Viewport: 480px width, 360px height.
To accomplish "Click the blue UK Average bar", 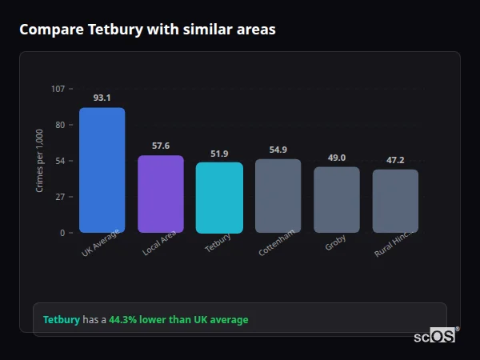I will pyautogui.click(x=102, y=170).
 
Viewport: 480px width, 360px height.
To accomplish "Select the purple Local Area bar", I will pyautogui.click(x=161, y=194).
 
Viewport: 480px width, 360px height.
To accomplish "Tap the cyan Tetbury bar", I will pyautogui.click(x=219, y=198).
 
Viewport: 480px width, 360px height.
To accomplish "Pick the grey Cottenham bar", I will pyautogui.click(x=278, y=196).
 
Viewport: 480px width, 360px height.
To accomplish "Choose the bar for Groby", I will pyautogui.click(x=337, y=200).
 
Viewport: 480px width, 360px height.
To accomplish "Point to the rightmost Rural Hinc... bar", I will pyautogui.click(x=395, y=201).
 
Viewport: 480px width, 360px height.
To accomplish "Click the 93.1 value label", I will pyautogui.click(x=102, y=98).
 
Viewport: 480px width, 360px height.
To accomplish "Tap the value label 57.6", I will pyautogui.click(x=161, y=146).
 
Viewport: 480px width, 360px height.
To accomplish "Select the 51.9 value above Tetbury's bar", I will pyautogui.click(x=219, y=154).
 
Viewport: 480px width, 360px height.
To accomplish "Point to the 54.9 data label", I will pyautogui.click(x=278, y=150).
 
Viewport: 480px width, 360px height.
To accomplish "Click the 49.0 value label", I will pyautogui.click(x=337, y=158).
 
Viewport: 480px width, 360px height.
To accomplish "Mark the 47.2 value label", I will pyautogui.click(x=395, y=160).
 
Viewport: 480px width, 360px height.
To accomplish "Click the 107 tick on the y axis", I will pyautogui.click(x=58, y=89).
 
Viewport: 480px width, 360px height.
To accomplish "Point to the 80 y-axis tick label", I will pyautogui.click(x=59, y=125).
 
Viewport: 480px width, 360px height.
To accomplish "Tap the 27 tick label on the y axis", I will pyautogui.click(x=59, y=197).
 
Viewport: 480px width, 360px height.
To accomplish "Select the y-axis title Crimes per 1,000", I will pyautogui.click(x=40, y=161).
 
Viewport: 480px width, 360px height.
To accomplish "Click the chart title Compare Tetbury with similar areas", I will pyautogui.click(x=147, y=30).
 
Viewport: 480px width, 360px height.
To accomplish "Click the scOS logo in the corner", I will pyautogui.click(x=435, y=337).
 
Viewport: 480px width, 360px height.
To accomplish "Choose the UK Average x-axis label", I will pyautogui.click(x=101, y=244).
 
